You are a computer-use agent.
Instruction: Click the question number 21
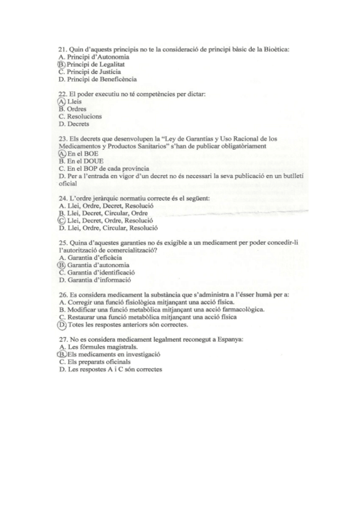click(x=62, y=49)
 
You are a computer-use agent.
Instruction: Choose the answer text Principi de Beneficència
click(x=102, y=79)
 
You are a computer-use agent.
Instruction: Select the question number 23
click(x=62, y=139)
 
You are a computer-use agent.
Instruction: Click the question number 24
click(x=62, y=198)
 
